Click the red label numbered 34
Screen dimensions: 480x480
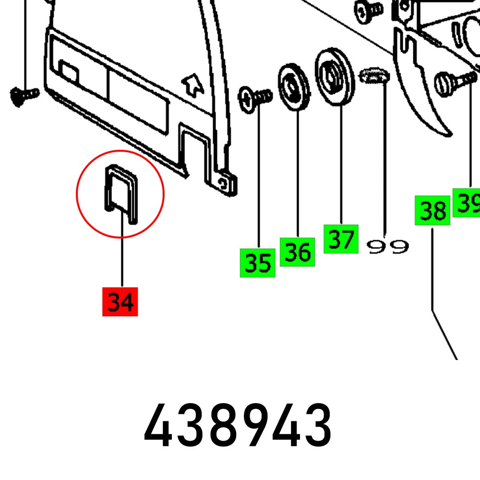120,301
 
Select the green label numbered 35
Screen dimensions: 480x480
258,263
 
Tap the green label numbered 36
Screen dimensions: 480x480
297,252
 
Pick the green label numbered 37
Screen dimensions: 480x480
341,239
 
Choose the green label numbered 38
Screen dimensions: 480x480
432,211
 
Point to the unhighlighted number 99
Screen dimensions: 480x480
387,247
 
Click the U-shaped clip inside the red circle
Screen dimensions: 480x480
120,192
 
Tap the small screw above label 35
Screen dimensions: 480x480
255,98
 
